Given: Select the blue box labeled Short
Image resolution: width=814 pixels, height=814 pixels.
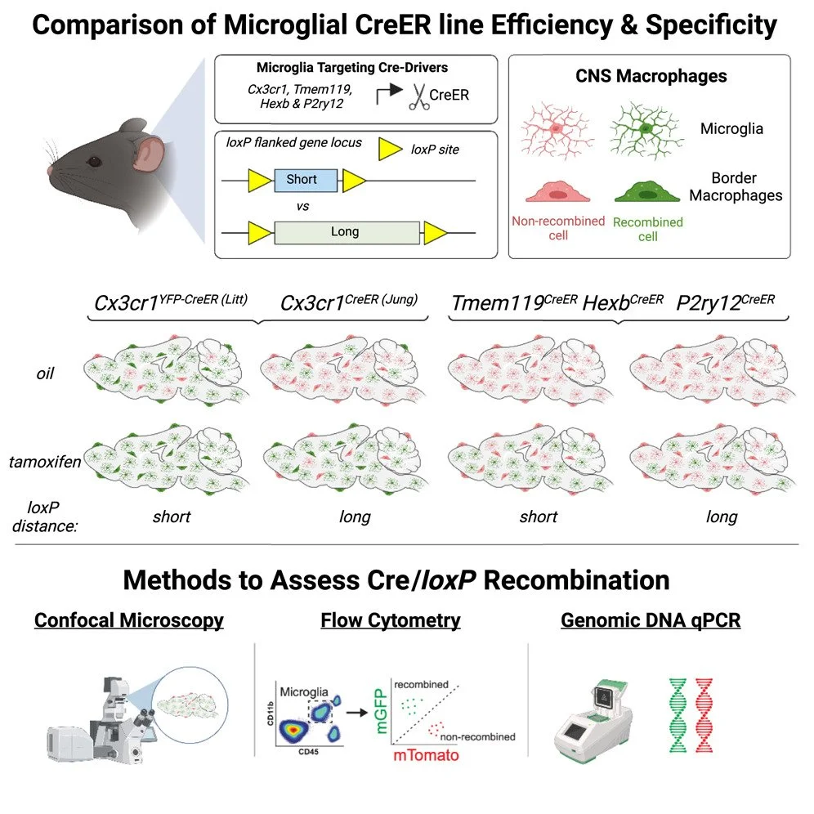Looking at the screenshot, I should coord(301,180).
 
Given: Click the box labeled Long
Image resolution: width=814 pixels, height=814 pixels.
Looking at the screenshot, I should coord(345,232).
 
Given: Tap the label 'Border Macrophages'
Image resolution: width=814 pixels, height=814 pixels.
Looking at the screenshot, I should coord(735,186).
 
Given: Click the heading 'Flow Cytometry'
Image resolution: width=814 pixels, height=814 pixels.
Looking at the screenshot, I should coord(391,620).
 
